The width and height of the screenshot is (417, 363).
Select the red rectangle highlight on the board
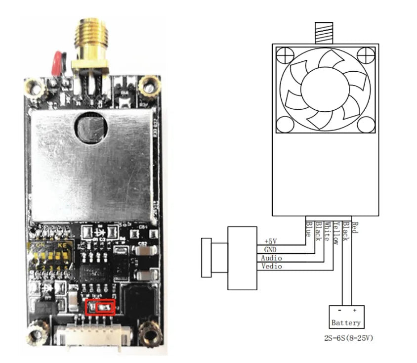coord(100,307)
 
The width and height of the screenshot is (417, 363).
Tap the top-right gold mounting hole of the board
coord(146,86)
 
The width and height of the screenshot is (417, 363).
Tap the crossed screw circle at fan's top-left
coord(284,55)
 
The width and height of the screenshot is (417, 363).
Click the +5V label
coord(271,241)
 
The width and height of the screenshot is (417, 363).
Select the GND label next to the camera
coord(270,250)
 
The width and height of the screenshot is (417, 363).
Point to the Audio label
coord(272,258)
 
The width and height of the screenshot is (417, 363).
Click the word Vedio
coord(272,267)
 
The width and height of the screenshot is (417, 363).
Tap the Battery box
coord(346,317)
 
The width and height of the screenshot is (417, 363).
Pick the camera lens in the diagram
coord(207,257)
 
